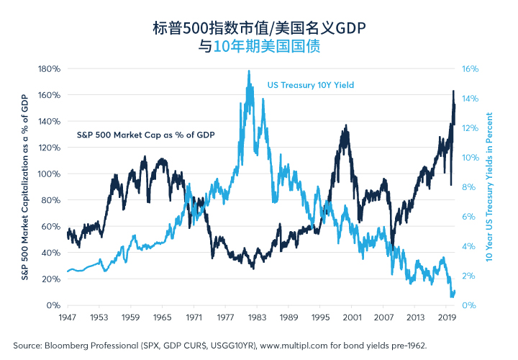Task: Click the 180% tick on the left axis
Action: click(49, 69)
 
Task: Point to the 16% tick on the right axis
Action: click(470, 69)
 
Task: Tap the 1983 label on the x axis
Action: click(257, 318)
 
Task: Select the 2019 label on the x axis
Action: click(447, 318)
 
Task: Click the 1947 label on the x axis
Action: click(68, 318)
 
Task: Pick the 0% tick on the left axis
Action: click(53, 305)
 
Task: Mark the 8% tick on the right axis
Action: click(469, 187)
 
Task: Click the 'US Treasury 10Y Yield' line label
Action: click(311, 85)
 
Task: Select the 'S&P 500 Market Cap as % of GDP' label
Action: click(145, 135)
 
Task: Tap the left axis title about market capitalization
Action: click(24, 187)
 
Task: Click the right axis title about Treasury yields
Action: click(489, 187)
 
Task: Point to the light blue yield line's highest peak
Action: click(249, 71)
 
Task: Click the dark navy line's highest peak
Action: click(453, 91)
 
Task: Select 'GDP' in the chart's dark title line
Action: click(351, 28)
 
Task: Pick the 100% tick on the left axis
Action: click(49, 174)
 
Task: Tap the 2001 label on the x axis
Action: click(352, 318)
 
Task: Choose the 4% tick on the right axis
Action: click(469, 246)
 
